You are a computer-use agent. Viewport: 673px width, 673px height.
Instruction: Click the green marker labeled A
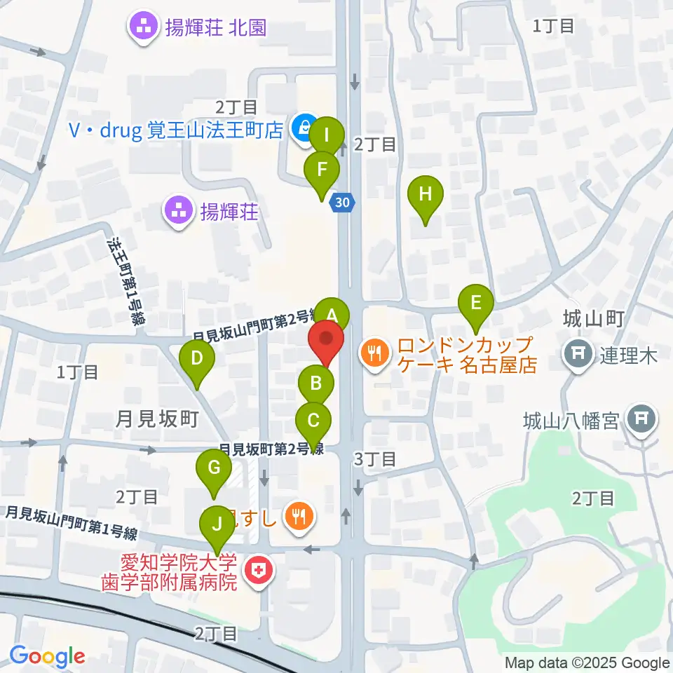point(331,313)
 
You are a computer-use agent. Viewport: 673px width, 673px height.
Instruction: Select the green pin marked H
point(426,194)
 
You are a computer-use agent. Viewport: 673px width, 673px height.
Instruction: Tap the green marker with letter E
point(476,304)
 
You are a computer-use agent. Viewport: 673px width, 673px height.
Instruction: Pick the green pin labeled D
point(197,359)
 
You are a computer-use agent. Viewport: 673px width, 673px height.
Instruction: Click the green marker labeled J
point(217,524)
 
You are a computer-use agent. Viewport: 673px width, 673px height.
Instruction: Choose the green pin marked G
point(215,467)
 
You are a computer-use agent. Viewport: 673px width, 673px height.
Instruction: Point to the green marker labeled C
point(313,421)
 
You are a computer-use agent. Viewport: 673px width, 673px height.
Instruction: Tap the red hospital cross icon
point(257,573)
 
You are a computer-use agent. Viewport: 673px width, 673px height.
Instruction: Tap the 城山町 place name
point(593,319)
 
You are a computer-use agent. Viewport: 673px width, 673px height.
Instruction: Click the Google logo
point(48,657)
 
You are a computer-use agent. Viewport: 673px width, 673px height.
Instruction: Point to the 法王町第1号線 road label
point(125,280)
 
